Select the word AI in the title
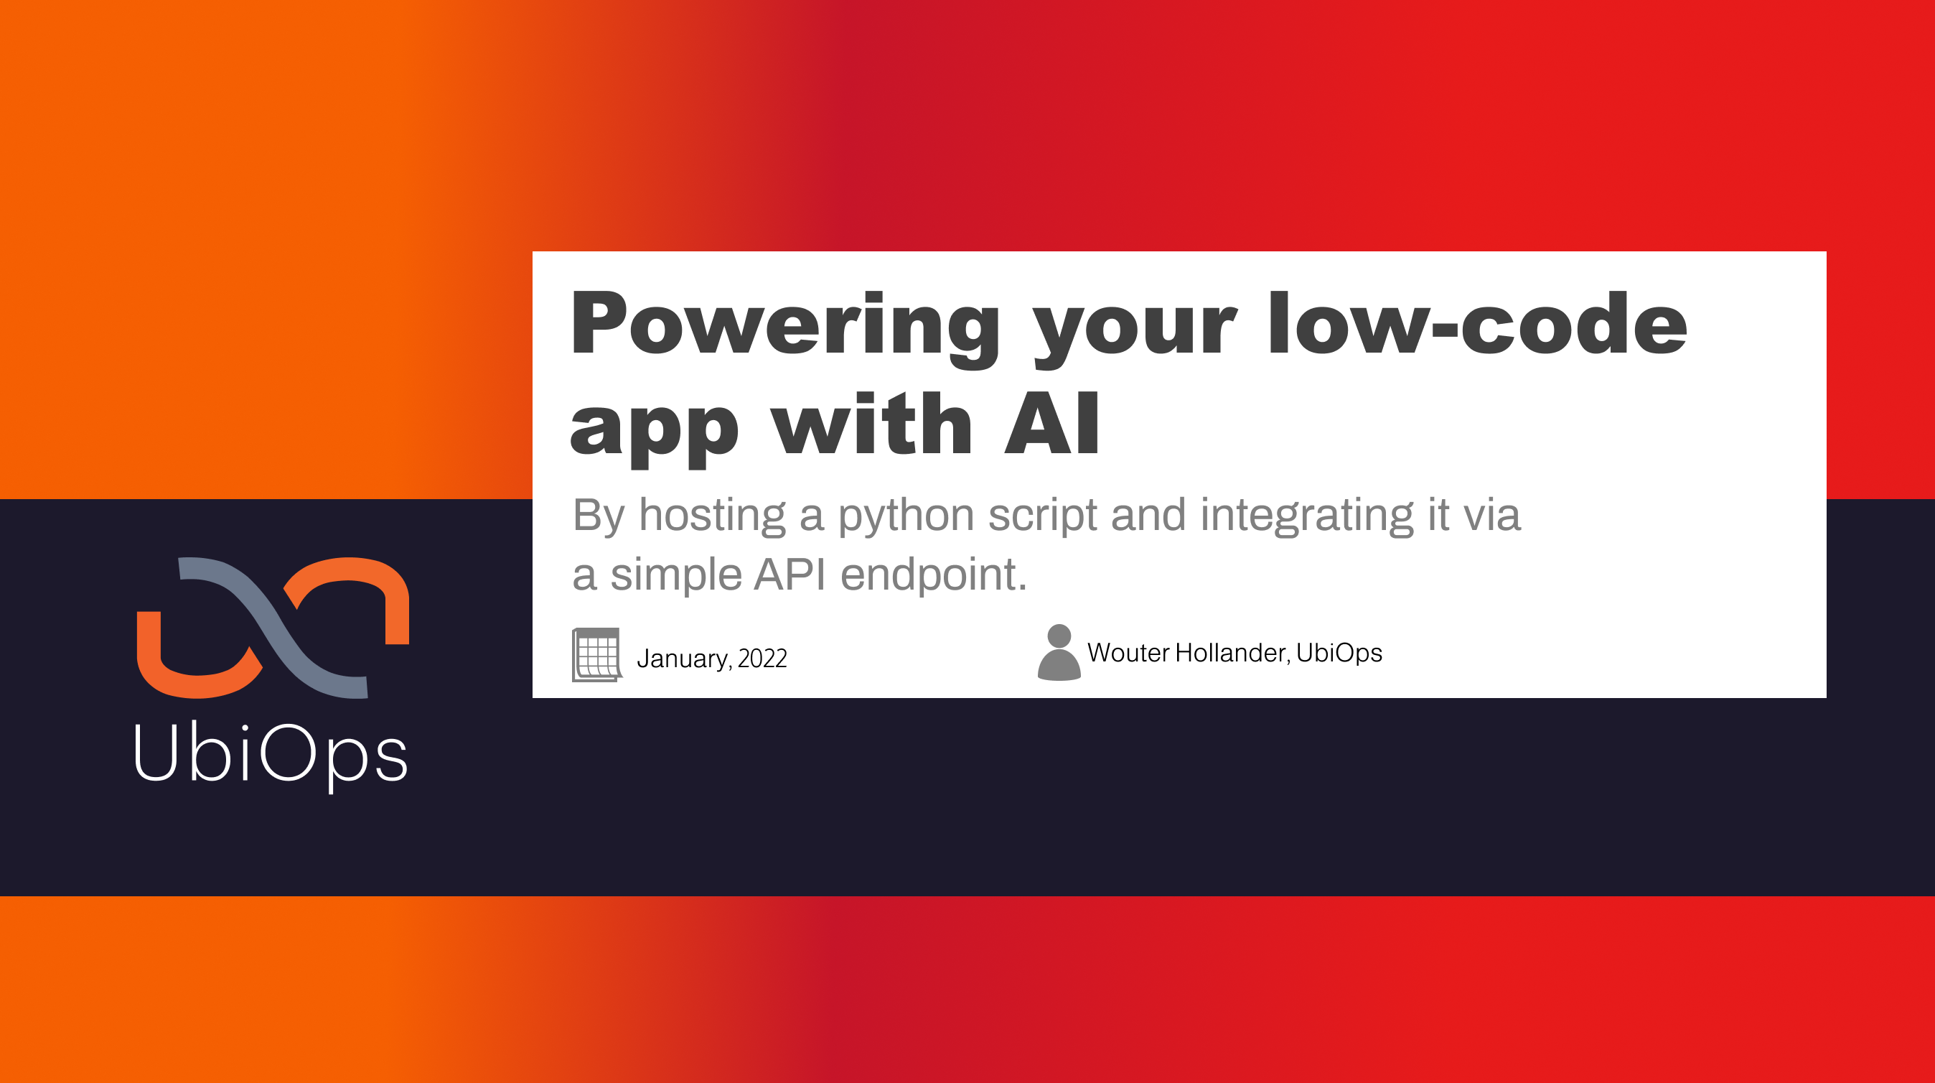coord(1051,424)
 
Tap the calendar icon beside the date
coord(597,654)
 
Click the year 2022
coord(762,659)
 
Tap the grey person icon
coord(1059,653)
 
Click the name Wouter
coord(1128,652)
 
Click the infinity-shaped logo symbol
coord(273,628)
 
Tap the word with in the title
coord(872,424)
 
